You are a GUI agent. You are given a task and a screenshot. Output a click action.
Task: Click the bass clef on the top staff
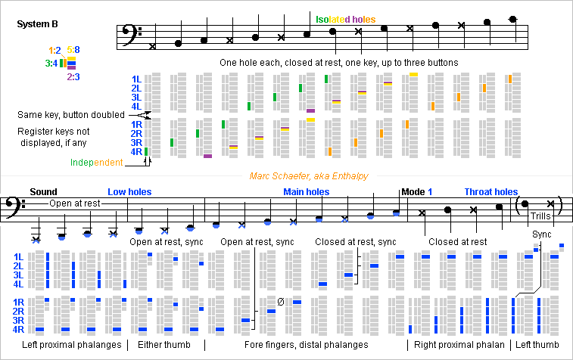pos(128,35)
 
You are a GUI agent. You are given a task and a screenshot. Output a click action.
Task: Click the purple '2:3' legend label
pos(74,76)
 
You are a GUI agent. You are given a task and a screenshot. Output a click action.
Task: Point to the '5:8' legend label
pos(73,50)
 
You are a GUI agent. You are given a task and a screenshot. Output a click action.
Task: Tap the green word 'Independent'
pos(96,163)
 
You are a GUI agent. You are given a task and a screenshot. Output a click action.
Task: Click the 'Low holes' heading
pos(129,192)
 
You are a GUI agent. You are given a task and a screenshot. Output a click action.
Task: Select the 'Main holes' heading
pos(307,192)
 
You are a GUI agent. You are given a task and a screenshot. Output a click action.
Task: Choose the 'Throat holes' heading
pos(491,192)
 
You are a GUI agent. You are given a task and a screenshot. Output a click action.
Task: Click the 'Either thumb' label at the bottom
pos(164,345)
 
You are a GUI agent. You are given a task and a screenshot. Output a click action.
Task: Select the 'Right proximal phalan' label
pos(457,345)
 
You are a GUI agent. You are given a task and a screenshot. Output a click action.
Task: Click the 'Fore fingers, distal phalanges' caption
pos(307,345)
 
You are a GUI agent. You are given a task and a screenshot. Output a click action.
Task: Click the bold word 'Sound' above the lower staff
pos(43,192)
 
